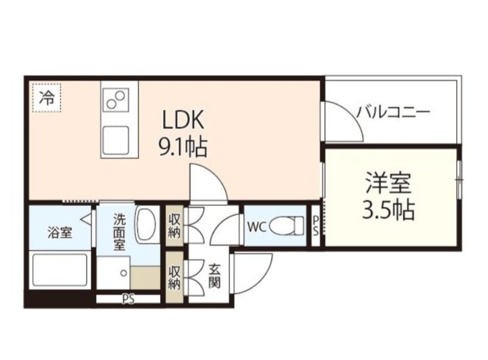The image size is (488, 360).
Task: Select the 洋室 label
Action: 388,184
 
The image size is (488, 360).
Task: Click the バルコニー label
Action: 392,111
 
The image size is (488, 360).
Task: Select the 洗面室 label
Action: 119,231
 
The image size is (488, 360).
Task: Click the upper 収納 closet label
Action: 175,225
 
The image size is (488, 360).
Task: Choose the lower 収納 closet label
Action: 175,276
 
